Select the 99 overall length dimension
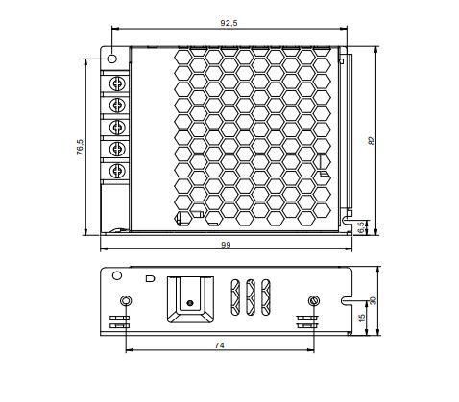pos(227,246)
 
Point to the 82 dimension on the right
pos(372,139)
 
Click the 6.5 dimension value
pos(361,227)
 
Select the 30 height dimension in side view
pos(374,300)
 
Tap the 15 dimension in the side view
pos(361,318)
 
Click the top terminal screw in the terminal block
pos(118,81)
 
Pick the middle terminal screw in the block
pos(118,127)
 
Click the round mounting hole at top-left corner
pos(112,59)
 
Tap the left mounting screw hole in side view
pos(122,303)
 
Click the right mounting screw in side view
pos(312,303)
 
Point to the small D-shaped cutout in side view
pos(148,279)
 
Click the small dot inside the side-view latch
pos(189,303)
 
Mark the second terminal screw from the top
pos(118,104)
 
